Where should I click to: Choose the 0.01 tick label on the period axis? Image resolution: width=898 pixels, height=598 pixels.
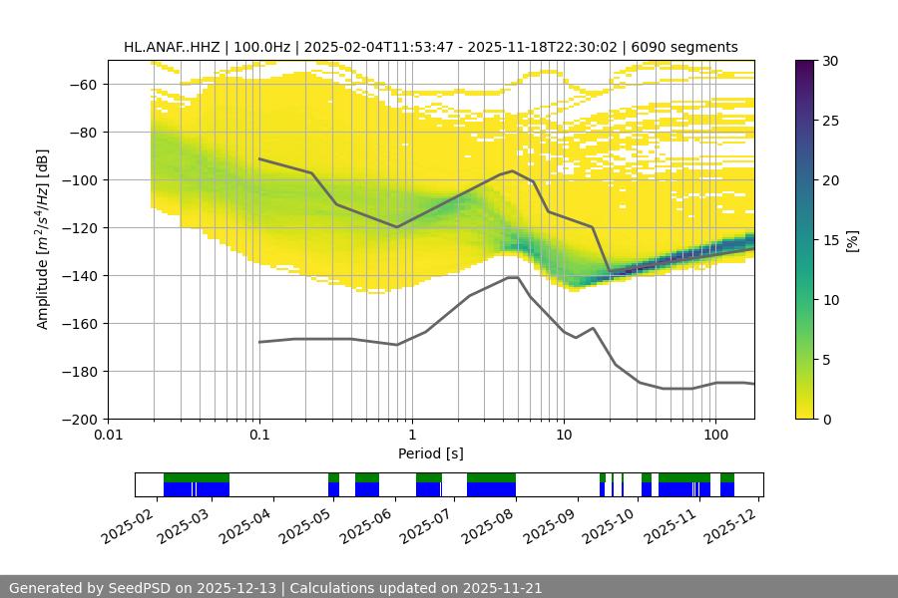pyautogui.click(x=108, y=436)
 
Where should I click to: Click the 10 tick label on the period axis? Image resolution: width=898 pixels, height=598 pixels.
pyautogui.click(x=564, y=436)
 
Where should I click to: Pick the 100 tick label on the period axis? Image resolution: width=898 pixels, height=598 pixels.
pyautogui.click(x=715, y=436)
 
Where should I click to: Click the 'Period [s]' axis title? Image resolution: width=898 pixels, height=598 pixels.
pyautogui.click(x=431, y=453)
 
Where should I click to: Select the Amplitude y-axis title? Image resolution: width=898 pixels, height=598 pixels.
pyautogui.click(x=42, y=239)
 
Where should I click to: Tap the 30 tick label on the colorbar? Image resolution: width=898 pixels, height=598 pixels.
pyautogui.click(x=831, y=61)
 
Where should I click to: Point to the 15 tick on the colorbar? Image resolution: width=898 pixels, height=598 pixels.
pyautogui.click(x=831, y=240)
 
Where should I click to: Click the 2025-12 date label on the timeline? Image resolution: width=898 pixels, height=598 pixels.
pyautogui.click(x=733, y=520)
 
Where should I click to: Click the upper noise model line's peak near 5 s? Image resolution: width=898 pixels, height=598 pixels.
pyautogui.click(x=513, y=170)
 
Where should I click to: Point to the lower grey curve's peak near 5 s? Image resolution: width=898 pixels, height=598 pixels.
pyautogui.click(x=513, y=277)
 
